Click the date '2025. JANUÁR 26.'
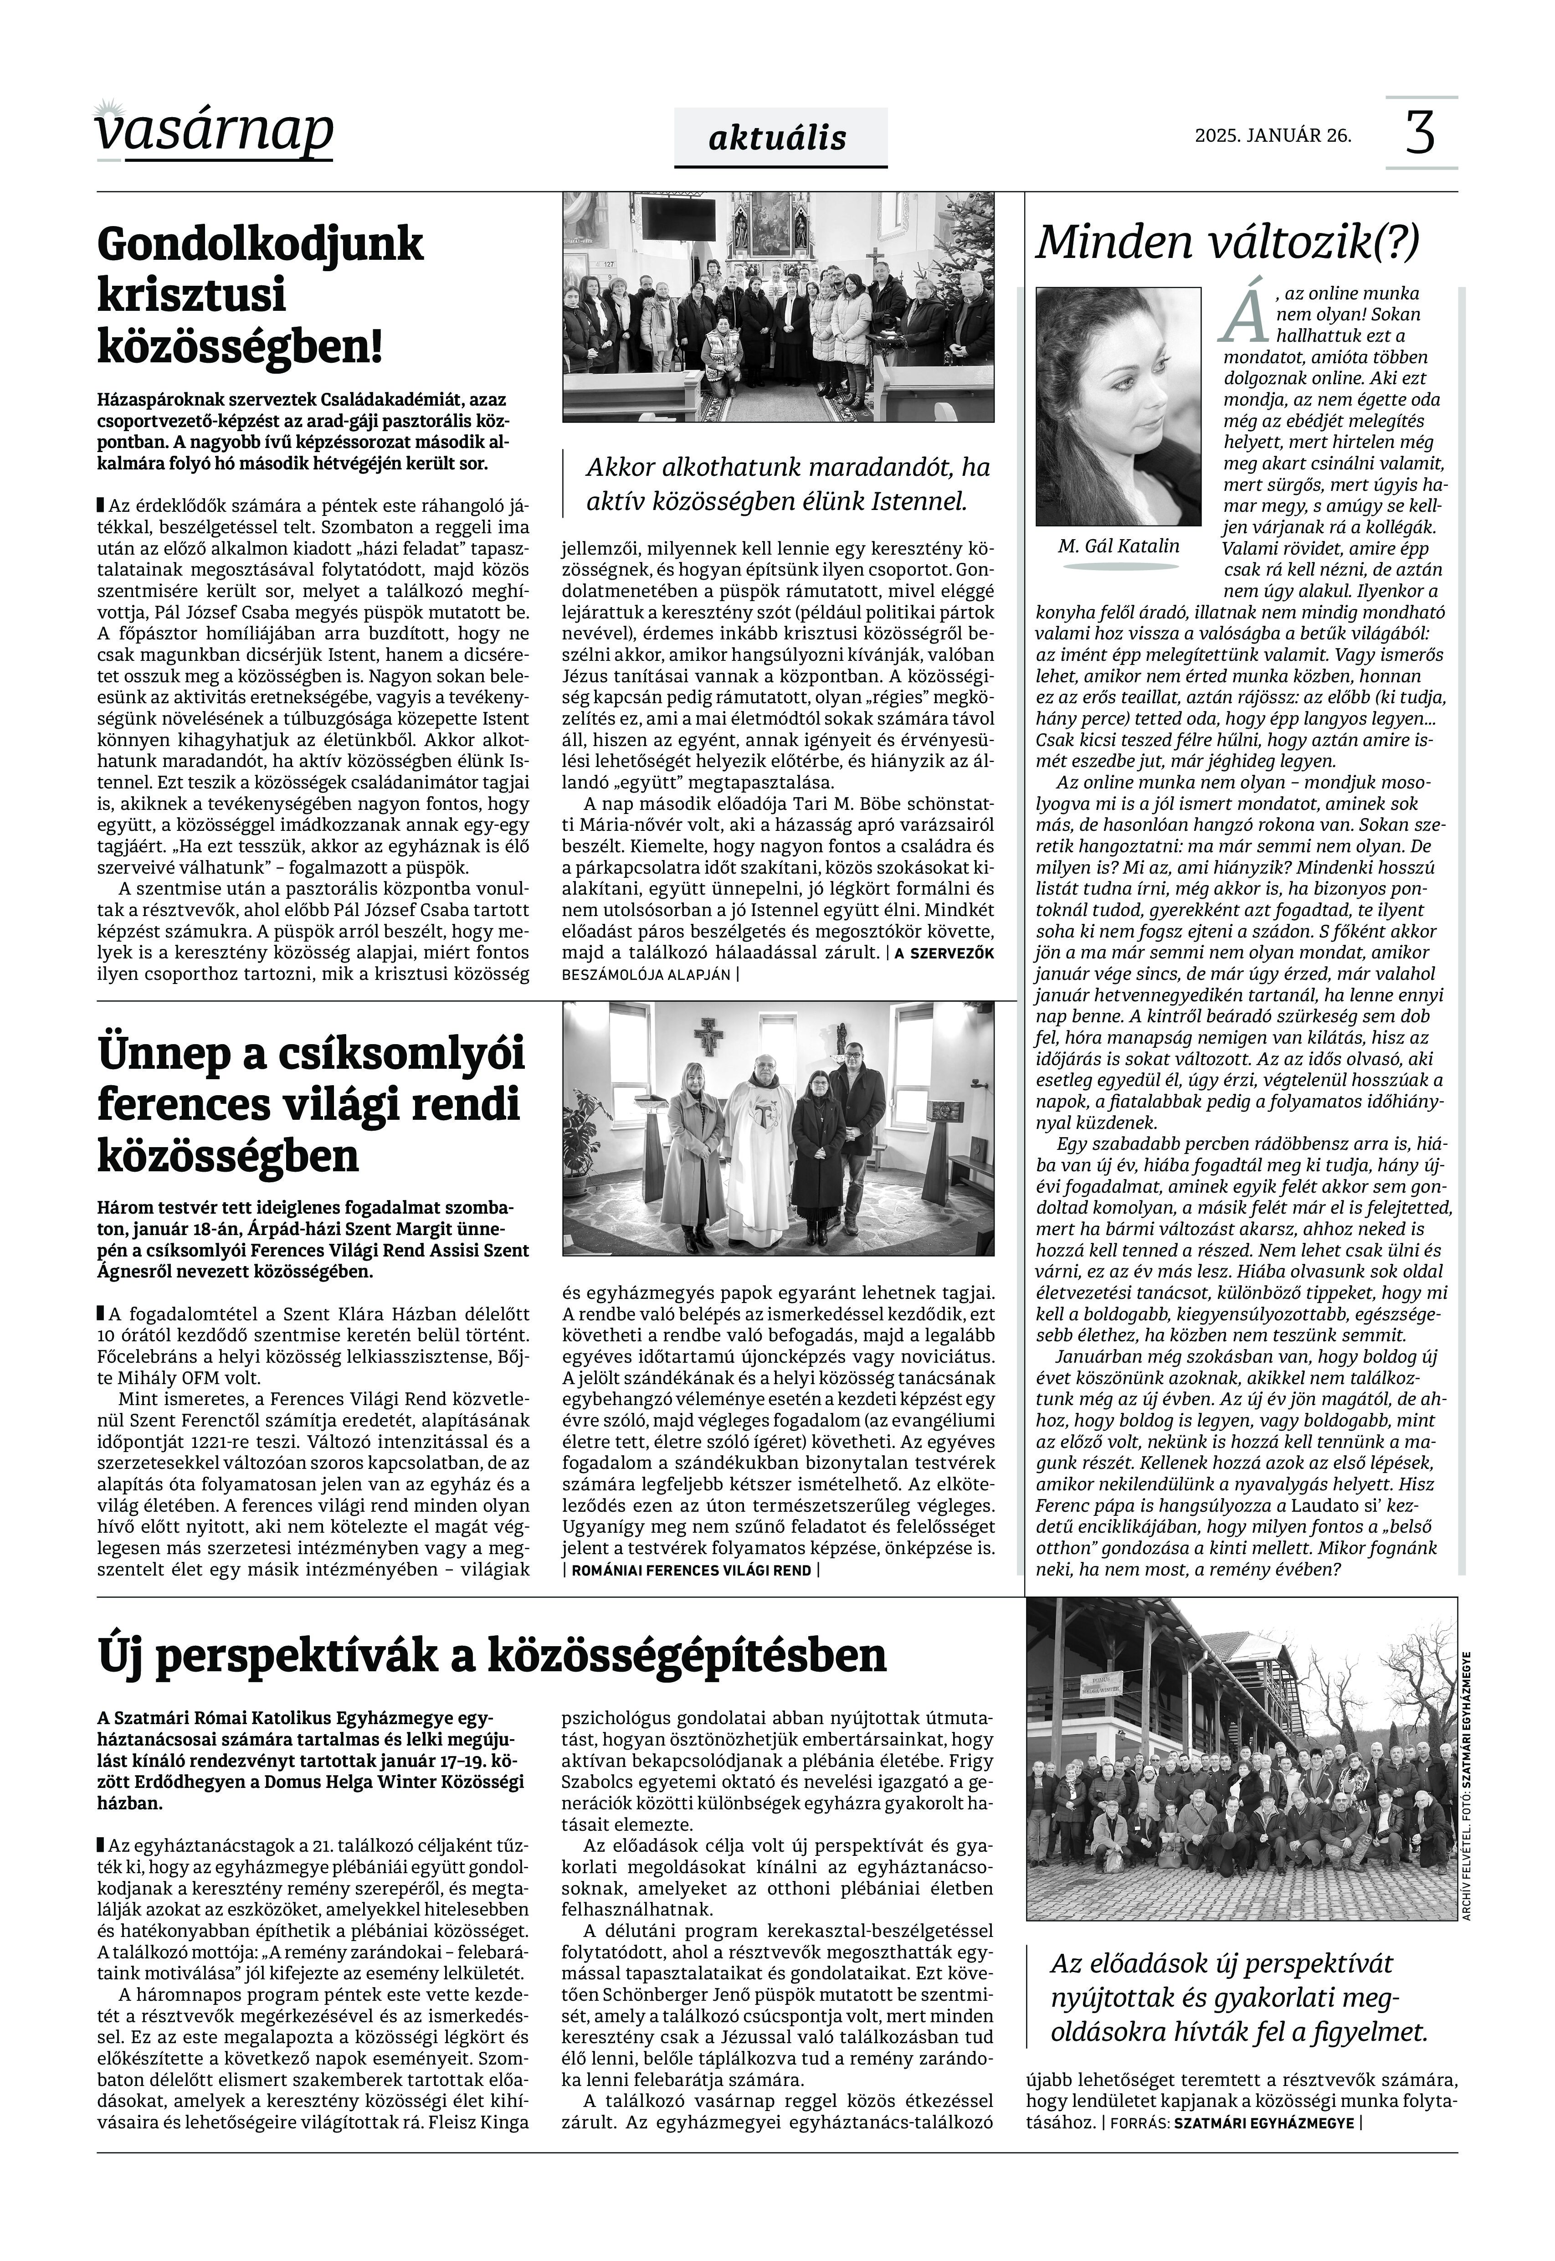click(x=1273, y=135)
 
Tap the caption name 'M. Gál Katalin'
click(x=1119, y=546)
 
